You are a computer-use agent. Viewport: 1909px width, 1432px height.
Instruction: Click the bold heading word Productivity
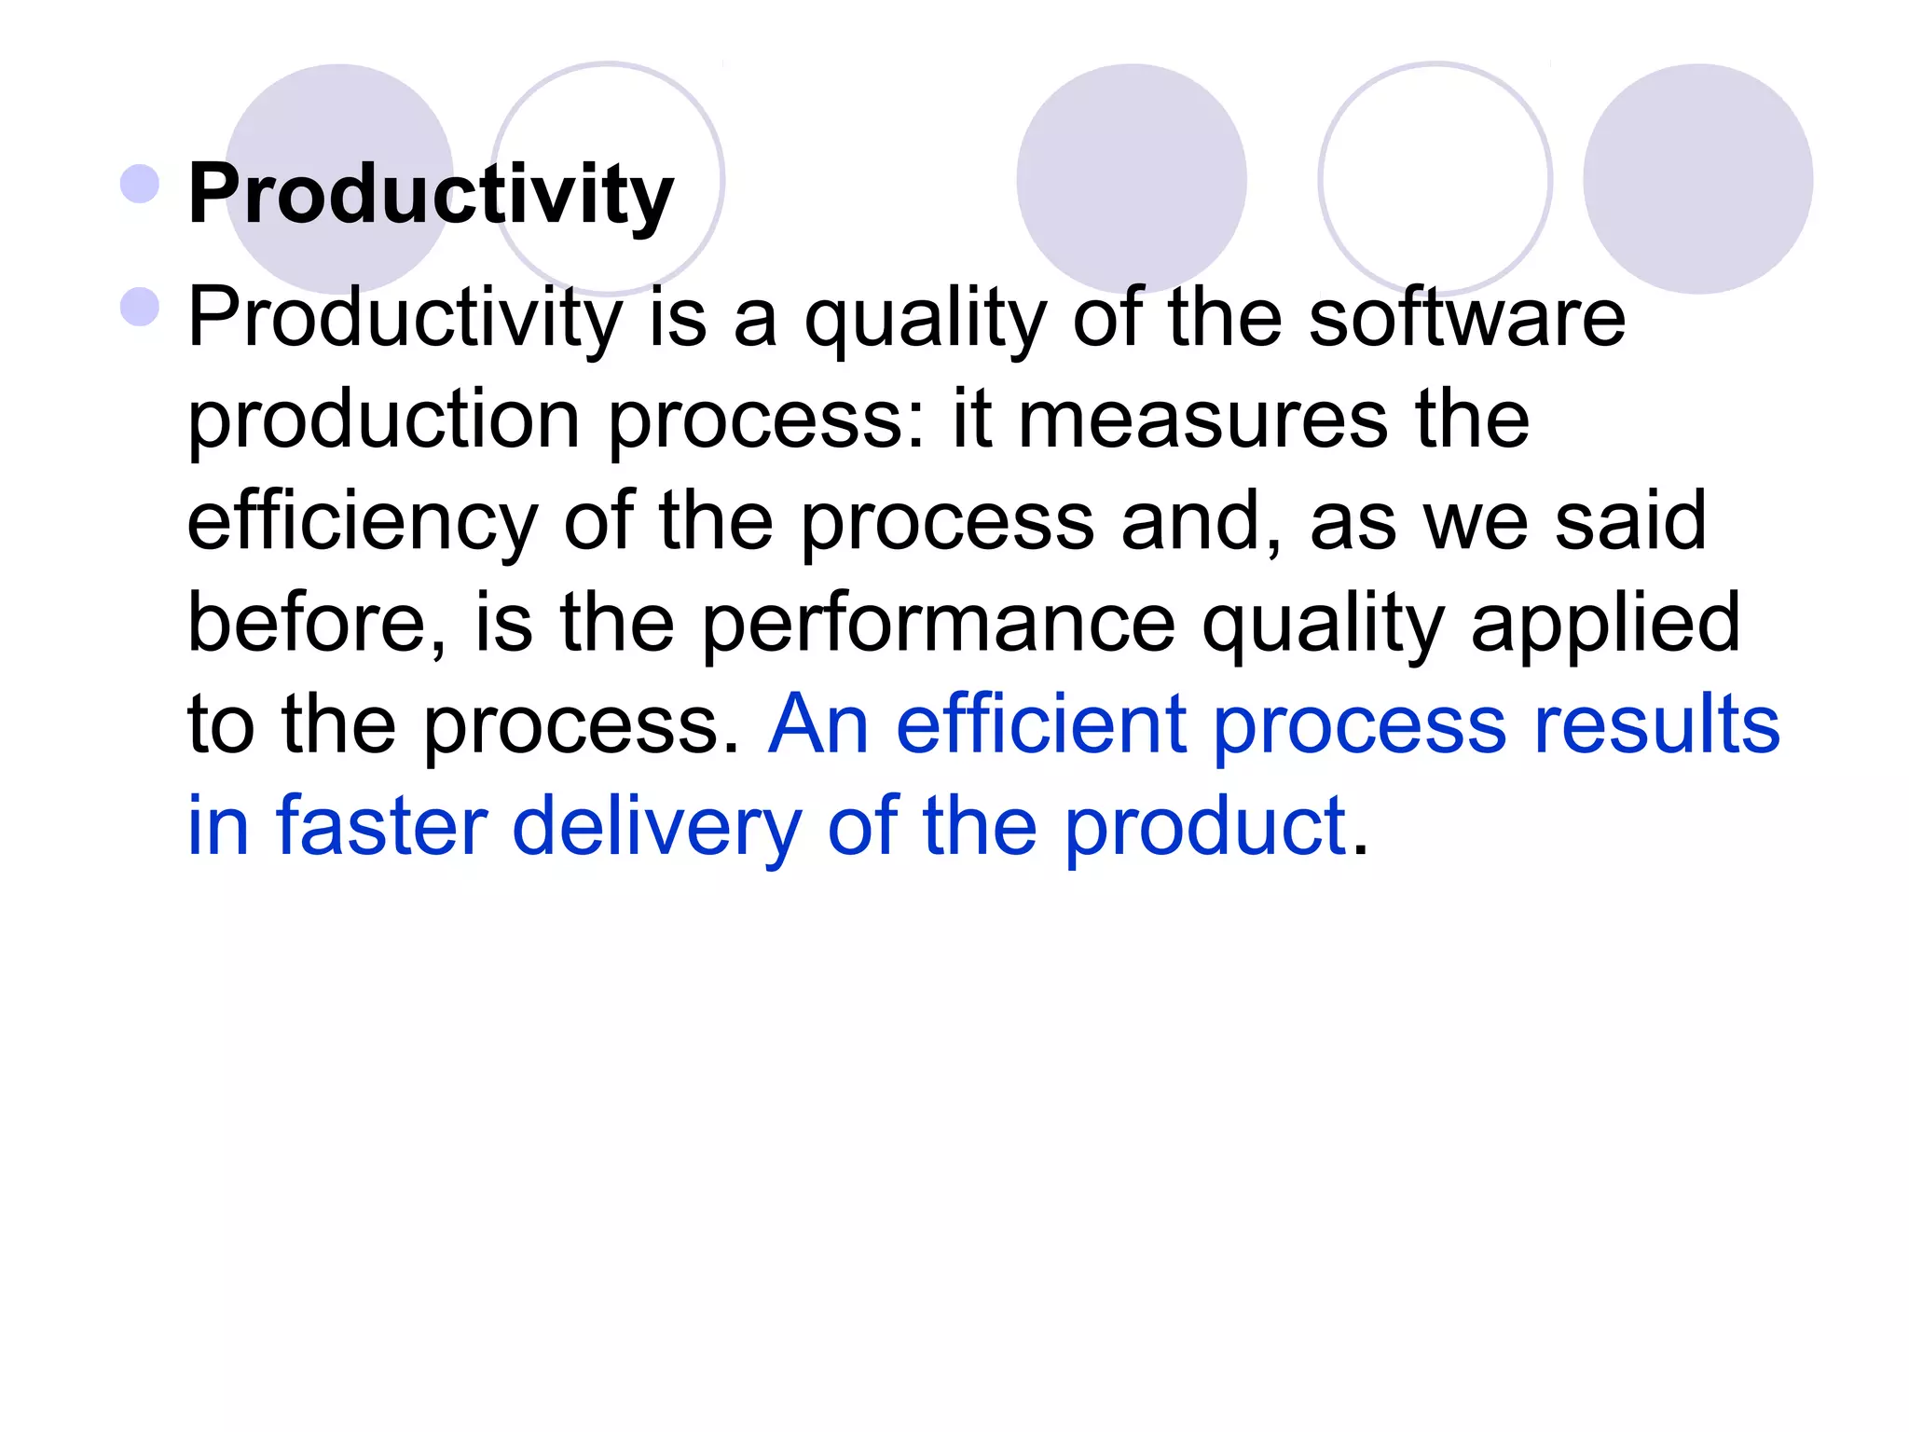431,194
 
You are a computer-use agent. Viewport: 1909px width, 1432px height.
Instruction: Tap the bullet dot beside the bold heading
141,184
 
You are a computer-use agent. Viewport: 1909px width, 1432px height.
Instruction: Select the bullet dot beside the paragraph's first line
141,307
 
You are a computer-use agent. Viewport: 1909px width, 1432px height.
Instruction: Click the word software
1467,318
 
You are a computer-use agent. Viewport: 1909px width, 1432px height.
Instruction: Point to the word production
384,421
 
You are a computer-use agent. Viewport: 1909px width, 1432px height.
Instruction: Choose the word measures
1202,420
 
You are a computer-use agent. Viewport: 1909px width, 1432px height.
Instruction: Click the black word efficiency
363,523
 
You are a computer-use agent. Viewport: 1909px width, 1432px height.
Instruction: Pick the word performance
938,625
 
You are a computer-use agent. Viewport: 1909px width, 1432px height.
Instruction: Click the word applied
1605,625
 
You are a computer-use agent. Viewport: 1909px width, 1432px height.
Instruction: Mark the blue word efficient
1041,724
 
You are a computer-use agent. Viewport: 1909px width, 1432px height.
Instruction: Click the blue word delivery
657,828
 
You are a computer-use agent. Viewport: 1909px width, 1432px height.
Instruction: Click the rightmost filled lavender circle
1697,179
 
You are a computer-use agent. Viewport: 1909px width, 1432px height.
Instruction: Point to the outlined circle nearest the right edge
1435,179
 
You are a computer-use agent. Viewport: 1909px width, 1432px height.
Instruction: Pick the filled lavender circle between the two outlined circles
1131,179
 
